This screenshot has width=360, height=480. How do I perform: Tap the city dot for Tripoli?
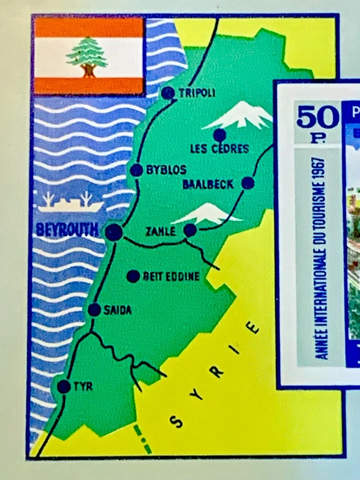pos(168,92)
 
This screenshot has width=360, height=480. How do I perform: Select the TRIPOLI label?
pos(197,92)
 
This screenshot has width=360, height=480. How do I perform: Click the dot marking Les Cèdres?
pos(219,135)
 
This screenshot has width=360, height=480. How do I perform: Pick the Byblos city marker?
pos(136,170)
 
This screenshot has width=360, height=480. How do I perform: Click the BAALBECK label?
pos(208,184)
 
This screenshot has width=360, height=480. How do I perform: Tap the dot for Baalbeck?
pos(247,183)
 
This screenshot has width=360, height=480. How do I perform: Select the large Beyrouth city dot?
pos(114,232)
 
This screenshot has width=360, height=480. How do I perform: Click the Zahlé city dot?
pos(190,230)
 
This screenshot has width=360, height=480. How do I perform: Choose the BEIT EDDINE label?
pos(171,276)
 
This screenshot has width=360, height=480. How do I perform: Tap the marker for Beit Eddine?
pos(133,276)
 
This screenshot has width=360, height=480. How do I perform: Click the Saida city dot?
pos(94,310)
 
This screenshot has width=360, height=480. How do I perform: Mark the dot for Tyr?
pos(63,386)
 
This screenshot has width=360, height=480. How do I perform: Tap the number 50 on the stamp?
pos(317,117)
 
